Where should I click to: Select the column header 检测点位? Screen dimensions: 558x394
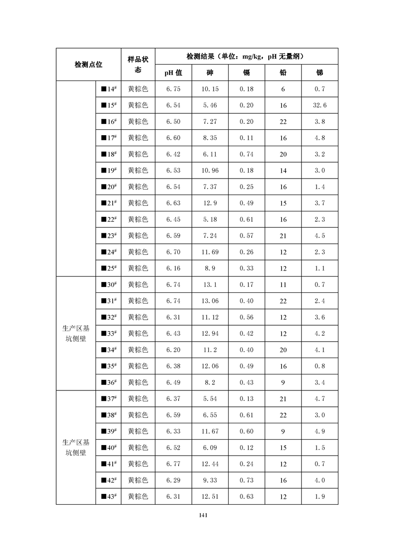coord(88,64)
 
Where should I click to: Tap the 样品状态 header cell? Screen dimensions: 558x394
coord(138,64)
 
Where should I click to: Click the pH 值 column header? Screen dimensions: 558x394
coord(173,73)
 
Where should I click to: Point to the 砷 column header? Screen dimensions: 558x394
coord(210,73)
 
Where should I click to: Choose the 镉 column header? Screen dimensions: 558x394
coord(246,73)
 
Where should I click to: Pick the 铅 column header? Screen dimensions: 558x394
coord(283,73)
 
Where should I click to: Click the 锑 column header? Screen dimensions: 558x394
coord(319,73)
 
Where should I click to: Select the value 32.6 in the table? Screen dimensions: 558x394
coord(319,105)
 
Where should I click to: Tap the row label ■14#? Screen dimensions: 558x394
coord(108,89)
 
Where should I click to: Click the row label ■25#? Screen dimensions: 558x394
coord(108,268)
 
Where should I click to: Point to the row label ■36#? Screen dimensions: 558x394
coord(108,382)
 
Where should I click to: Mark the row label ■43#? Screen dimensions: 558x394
coord(108,496)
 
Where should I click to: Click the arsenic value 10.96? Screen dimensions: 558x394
coord(210,171)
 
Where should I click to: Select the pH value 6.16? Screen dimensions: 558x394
coord(173,268)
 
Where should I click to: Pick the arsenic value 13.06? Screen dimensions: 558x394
coord(210,301)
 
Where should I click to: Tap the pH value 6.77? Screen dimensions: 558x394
coord(173,464)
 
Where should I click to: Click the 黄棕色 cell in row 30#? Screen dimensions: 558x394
coord(138,284)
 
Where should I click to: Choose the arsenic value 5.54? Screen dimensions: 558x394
coord(210,398)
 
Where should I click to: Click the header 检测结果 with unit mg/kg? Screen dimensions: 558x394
coord(246,56)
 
